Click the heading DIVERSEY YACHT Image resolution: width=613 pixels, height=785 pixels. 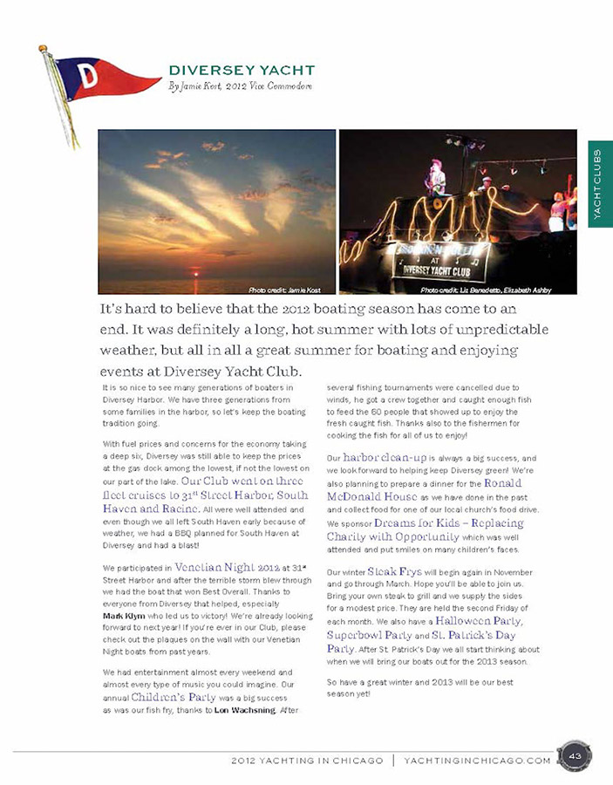click(242, 70)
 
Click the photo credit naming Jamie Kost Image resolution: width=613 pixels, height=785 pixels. click(284, 289)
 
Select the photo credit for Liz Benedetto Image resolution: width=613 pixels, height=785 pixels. click(485, 289)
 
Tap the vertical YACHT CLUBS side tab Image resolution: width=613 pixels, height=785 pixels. click(600, 184)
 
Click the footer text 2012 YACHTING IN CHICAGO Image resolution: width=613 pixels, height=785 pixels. click(307, 760)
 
